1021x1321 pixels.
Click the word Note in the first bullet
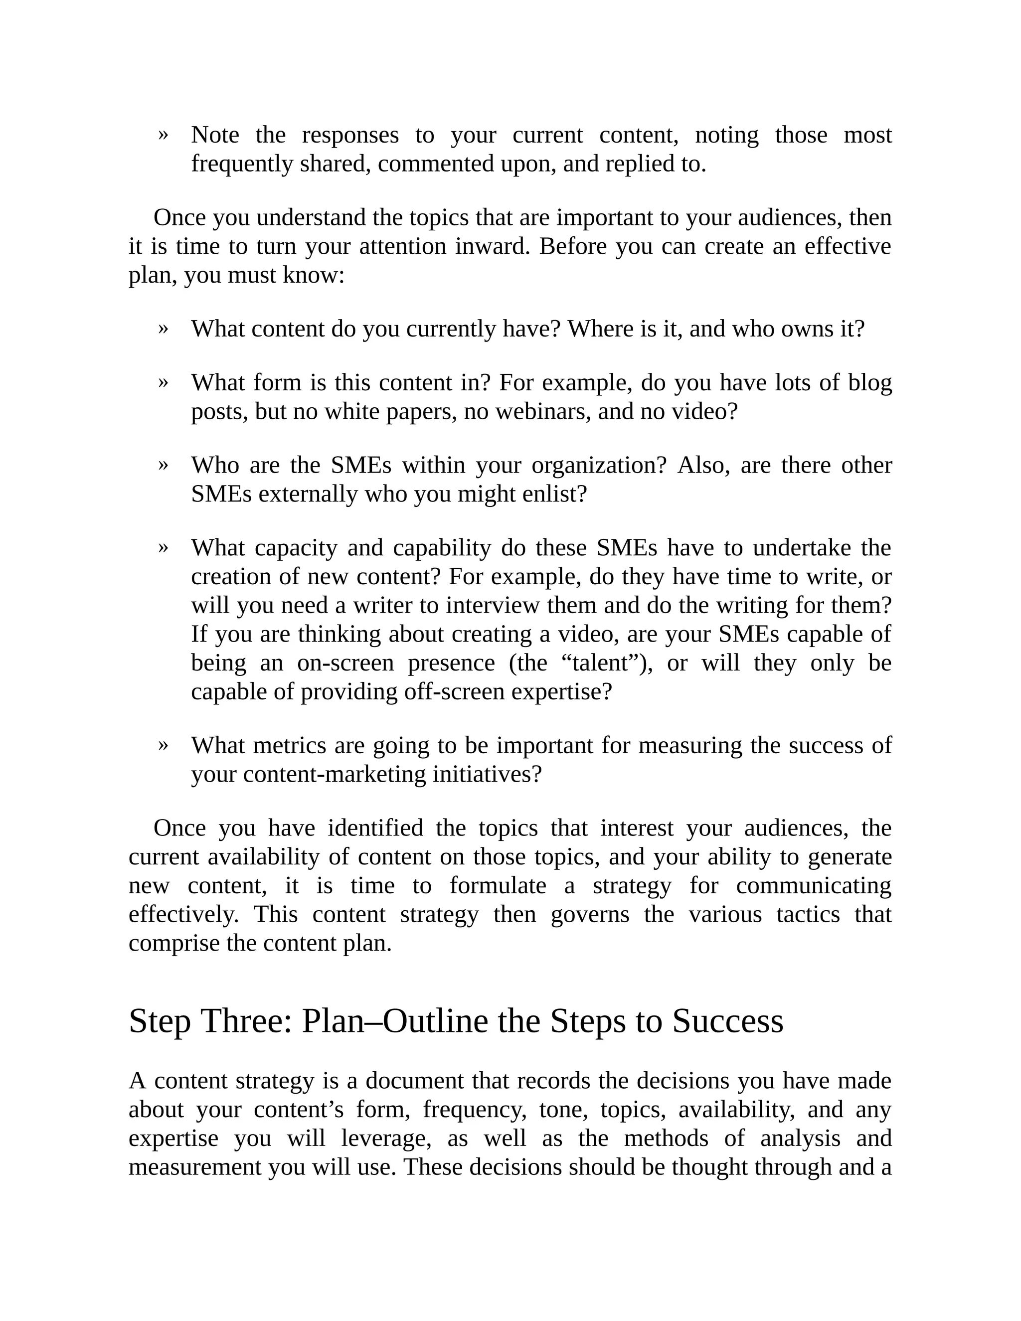click(215, 135)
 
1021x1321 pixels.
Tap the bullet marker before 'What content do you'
click(163, 329)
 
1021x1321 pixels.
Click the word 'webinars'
click(542, 412)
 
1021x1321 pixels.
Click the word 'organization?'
click(599, 465)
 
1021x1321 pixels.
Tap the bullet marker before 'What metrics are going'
click(163, 745)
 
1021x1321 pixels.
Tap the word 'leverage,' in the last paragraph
click(386, 1139)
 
